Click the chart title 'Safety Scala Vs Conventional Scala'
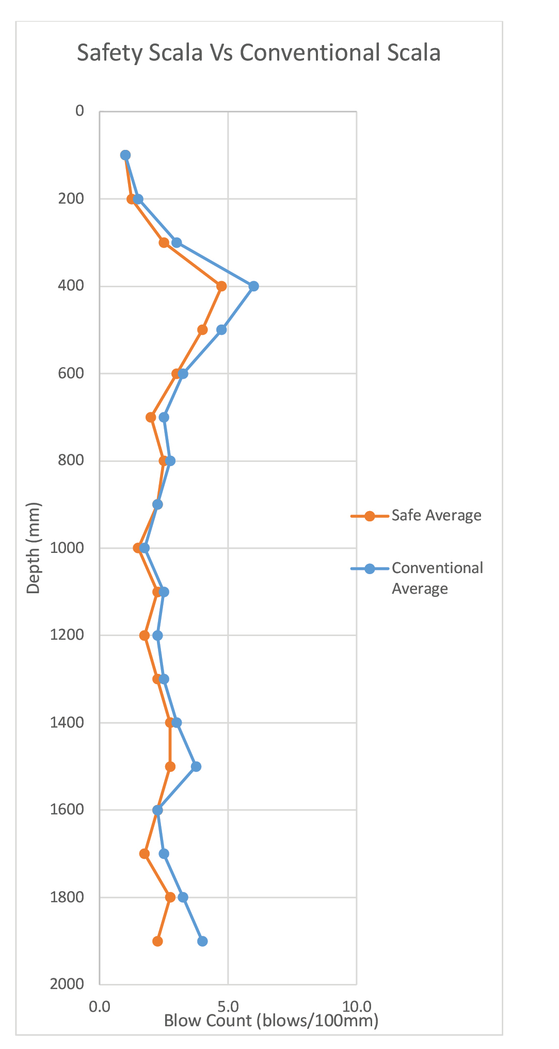click(259, 53)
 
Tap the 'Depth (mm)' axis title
click(34, 548)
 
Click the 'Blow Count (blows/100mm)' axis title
click(271, 1020)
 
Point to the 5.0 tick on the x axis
click(228, 1006)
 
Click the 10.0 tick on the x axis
click(357, 1006)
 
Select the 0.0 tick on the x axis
click(100, 1006)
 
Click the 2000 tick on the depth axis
click(67, 984)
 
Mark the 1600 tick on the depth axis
click(67, 810)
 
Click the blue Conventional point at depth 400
click(253, 286)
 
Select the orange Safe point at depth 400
click(221, 286)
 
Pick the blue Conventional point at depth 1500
click(196, 766)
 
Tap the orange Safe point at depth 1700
click(145, 854)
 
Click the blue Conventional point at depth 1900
click(202, 941)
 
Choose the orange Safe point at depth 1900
click(157, 941)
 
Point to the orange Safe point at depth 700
click(151, 417)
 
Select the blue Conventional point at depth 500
click(221, 330)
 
